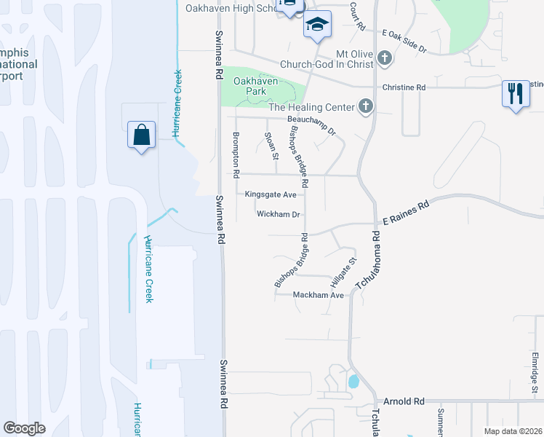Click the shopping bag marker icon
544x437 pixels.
(141, 135)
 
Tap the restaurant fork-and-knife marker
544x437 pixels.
(515, 93)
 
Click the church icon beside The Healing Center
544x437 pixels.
(366, 108)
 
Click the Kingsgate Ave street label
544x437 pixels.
(271, 194)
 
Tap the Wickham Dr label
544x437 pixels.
(279, 214)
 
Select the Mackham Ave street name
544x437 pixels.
(318, 295)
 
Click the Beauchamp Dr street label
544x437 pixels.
(311, 125)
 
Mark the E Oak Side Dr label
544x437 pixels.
(404, 39)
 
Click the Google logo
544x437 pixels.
(25, 428)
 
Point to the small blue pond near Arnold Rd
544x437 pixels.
(353, 381)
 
